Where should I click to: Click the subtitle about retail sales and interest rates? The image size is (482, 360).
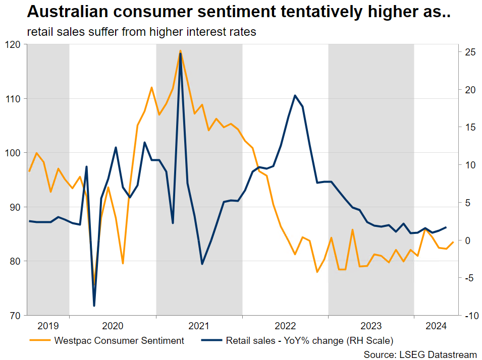point(142,32)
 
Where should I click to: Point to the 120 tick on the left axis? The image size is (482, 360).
point(14,44)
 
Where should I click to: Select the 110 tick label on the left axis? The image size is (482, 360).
point(14,98)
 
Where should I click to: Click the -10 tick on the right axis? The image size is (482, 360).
point(469,316)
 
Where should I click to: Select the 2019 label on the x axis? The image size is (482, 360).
point(48,326)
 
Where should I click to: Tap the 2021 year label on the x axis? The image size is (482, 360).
point(199,326)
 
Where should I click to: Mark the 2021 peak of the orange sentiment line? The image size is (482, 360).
point(180,50)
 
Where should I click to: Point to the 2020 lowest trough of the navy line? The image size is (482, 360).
point(94,306)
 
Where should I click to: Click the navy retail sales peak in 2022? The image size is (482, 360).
point(295,95)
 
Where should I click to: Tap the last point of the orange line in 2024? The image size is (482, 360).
point(453,242)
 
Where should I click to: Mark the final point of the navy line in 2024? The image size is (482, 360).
point(446,227)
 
